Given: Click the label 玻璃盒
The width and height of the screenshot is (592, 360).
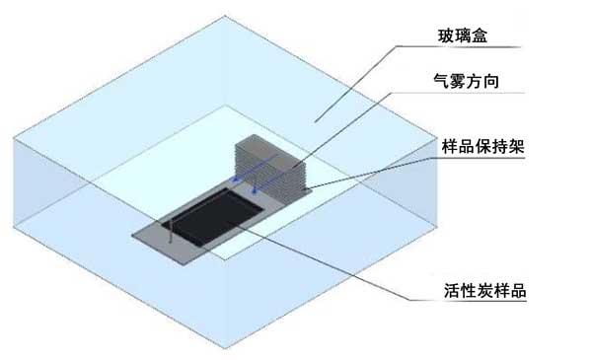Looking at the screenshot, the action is pos(463,36).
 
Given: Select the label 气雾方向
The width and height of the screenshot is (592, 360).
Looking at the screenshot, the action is pos(467,81).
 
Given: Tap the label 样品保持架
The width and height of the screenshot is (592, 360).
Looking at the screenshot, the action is pos(483,146).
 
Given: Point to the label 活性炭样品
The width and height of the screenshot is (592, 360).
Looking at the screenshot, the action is pos(484,291).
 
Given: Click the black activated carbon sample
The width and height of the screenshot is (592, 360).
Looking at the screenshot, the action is pos(213,216).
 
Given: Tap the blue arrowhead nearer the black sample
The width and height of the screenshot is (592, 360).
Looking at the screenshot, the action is pos(255,191).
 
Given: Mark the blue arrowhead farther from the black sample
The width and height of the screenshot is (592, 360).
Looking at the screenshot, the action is pos(236,180).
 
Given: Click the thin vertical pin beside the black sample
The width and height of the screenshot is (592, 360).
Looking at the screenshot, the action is pos(171,230).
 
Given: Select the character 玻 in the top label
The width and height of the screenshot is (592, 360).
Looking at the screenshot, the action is pos(446,36).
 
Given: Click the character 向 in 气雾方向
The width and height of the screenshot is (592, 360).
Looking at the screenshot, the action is pos(491,81).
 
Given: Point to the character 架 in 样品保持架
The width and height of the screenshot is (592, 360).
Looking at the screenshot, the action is pos(516,146).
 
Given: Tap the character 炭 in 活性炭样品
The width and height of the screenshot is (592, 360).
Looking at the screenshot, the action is pos(484,291).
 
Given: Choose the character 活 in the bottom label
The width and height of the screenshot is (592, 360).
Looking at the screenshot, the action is pos(452,291).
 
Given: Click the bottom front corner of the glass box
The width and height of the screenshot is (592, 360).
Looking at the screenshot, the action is pos(225,348).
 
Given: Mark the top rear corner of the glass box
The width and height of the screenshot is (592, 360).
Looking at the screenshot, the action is pos(225,16).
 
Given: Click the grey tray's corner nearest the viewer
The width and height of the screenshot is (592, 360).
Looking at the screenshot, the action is pos(185,265).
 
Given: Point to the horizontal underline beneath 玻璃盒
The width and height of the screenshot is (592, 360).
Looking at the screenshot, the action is pos(459,46).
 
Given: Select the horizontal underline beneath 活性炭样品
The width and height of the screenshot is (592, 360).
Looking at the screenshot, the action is pos(468,301).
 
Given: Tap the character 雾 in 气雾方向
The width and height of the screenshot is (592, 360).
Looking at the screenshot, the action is pos(458,81).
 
